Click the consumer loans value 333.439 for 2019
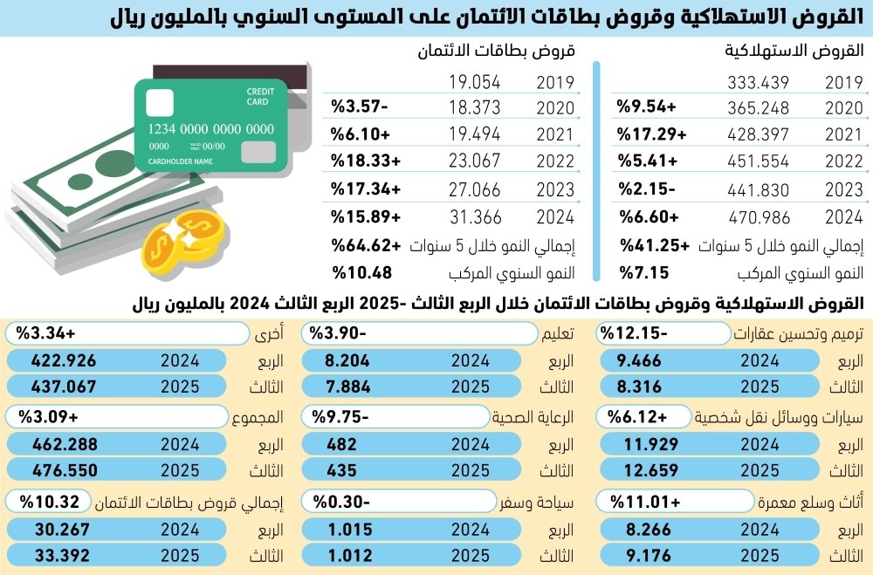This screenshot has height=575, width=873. coord(759,84)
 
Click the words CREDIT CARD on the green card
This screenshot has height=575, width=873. coord(258,97)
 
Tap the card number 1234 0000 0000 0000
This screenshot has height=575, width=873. coord(210,129)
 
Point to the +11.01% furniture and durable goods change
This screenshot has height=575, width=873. coord(646,502)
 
